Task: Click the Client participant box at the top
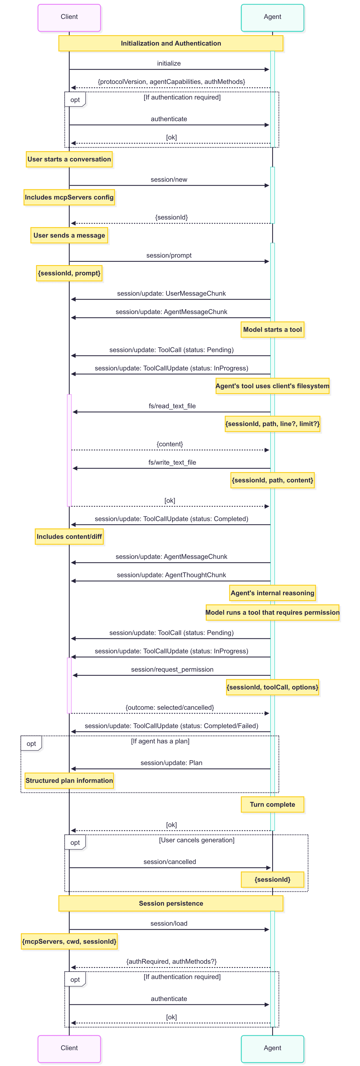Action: click(x=69, y=18)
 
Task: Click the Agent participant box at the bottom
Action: click(x=272, y=1048)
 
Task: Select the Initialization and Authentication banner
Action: click(x=171, y=43)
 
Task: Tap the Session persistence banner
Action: click(x=171, y=903)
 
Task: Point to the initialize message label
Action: click(x=169, y=63)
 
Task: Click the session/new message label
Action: click(x=169, y=180)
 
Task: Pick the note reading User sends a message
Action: click(x=69, y=235)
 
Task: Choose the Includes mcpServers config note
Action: click(x=69, y=197)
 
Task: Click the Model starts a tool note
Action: click(x=272, y=330)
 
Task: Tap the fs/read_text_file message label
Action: click(x=172, y=406)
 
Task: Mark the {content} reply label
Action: click(x=170, y=444)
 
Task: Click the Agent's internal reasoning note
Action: click(x=272, y=593)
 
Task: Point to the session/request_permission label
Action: click(x=172, y=669)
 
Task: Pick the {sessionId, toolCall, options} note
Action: click(x=272, y=687)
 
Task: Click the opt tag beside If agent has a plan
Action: click(x=31, y=744)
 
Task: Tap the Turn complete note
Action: click(x=272, y=805)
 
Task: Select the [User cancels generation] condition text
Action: click(x=197, y=840)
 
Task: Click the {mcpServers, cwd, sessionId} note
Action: click(x=69, y=942)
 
